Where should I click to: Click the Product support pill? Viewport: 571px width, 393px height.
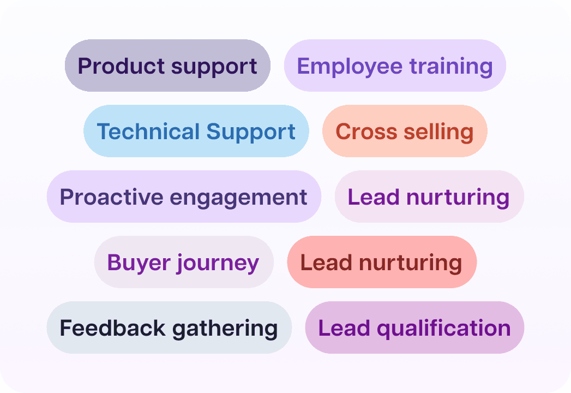pyautogui.click(x=167, y=65)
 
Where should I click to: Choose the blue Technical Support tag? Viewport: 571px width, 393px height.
pyautogui.click(x=196, y=132)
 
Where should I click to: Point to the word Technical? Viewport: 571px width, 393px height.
pyautogui.click(x=148, y=132)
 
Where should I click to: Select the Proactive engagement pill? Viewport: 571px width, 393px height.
pyautogui.click(x=184, y=197)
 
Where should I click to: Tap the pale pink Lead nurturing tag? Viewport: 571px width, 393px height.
pyautogui.click(x=429, y=197)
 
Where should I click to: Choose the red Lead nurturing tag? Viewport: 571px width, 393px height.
pyautogui.click(x=382, y=263)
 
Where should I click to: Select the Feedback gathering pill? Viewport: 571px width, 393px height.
pyautogui.click(x=169, y=328)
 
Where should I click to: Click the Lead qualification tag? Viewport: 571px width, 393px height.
pyautogui.click(x=414, y=328)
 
